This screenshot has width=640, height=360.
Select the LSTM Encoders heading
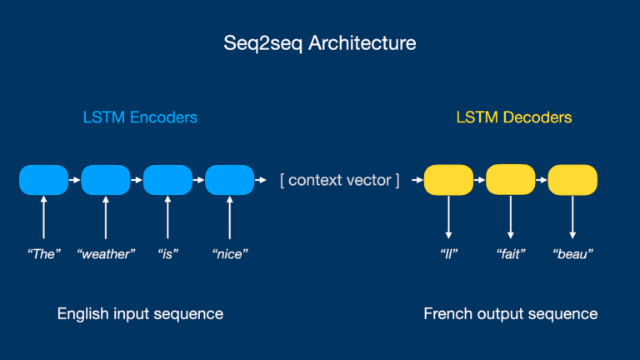[x=140, y=117]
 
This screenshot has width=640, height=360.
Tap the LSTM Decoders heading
[x=514, y=117]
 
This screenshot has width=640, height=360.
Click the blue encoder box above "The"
[x=43, y=180]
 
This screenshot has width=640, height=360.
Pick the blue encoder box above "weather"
[x=106, y=180]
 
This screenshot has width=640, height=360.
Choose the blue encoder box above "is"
[x=167, y=180]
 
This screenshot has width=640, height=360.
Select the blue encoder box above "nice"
[x=229, y=180]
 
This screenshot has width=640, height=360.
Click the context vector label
[x=339, y=180]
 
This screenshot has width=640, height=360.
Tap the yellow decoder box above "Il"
[x=448, y=180]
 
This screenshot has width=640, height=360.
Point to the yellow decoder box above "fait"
[x=510, y=180]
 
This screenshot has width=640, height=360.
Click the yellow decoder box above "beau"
[x=572, y=180]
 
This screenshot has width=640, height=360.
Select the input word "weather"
[x=106, y=253]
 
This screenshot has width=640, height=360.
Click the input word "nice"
[x=230, y=253]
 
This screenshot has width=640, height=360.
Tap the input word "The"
[x=43, y=253]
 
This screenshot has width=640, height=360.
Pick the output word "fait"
[x=510, y=253]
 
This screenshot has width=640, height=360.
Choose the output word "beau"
[x=572, y=253]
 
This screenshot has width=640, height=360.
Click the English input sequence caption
[x=140, y=314]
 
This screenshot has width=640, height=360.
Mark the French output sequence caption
[x=510, y=314]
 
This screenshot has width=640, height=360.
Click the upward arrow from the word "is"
[x=167, y=218]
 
